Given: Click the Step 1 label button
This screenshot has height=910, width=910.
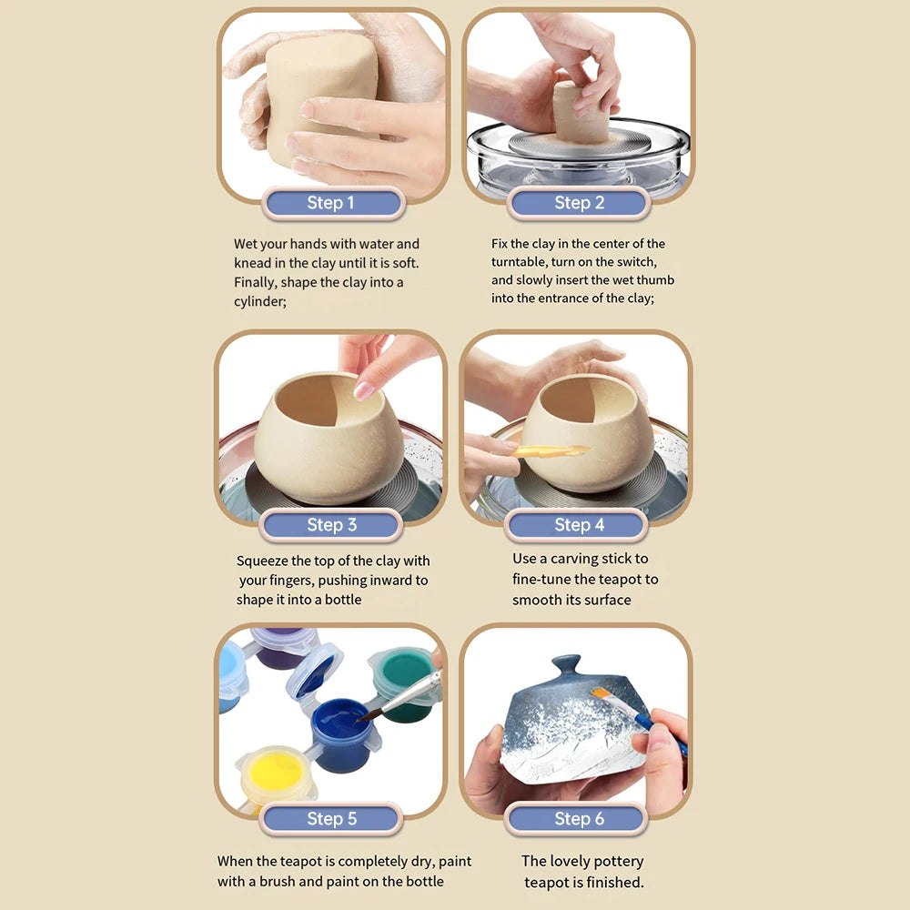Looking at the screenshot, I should pos(331,203).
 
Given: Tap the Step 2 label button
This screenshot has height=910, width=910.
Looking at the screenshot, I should pos(579,203).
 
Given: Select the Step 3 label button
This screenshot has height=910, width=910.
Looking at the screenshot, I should pos(331,525).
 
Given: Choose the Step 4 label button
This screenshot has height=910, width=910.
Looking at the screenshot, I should pos(579,525).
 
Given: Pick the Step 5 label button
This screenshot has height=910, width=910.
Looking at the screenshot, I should pos(331,819).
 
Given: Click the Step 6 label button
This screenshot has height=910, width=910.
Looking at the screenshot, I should pos(579,819).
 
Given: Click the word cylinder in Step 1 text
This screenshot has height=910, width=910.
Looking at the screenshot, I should pos(259,301).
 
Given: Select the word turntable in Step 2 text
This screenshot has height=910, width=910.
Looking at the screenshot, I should pos(521,262).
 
